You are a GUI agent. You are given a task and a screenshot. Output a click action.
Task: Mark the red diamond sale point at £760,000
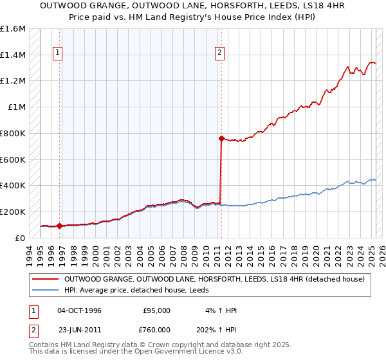click(x=221, y=138)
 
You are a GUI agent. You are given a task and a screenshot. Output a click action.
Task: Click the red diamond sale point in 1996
click(x=59, y=226)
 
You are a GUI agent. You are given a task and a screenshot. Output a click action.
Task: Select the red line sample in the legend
click(x=46, y=279)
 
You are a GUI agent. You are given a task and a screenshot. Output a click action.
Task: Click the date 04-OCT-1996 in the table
click(x=80, y=310)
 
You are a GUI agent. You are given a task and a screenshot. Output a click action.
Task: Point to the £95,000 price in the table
click(x=156, y=310)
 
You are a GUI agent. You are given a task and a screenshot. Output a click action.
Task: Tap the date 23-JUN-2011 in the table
click(x=80, y=330)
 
